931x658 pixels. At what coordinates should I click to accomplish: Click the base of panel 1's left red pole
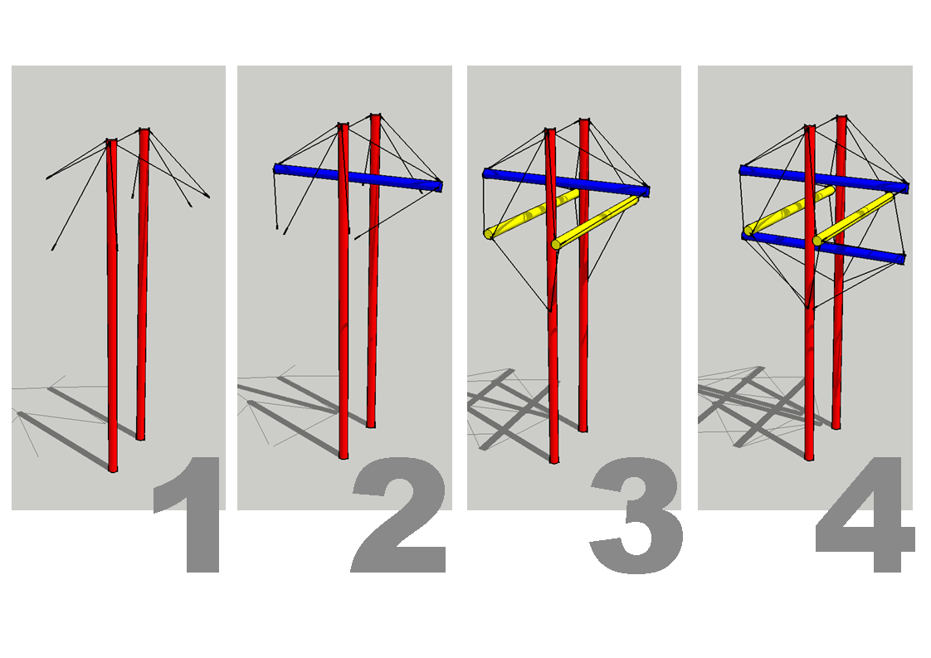[113, 468]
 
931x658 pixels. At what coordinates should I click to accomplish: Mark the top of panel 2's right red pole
[375, 117]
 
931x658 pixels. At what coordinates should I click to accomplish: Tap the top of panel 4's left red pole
[810, 129]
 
